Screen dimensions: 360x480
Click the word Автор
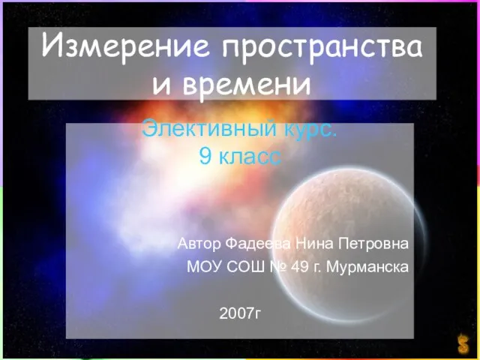coord(199,244)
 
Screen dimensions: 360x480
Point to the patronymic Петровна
coord(374,244)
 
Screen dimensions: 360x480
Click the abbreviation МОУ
coord(202,267)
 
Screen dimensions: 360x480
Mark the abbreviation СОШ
coord(243,267)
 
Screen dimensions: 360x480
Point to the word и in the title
coord(160,84)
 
